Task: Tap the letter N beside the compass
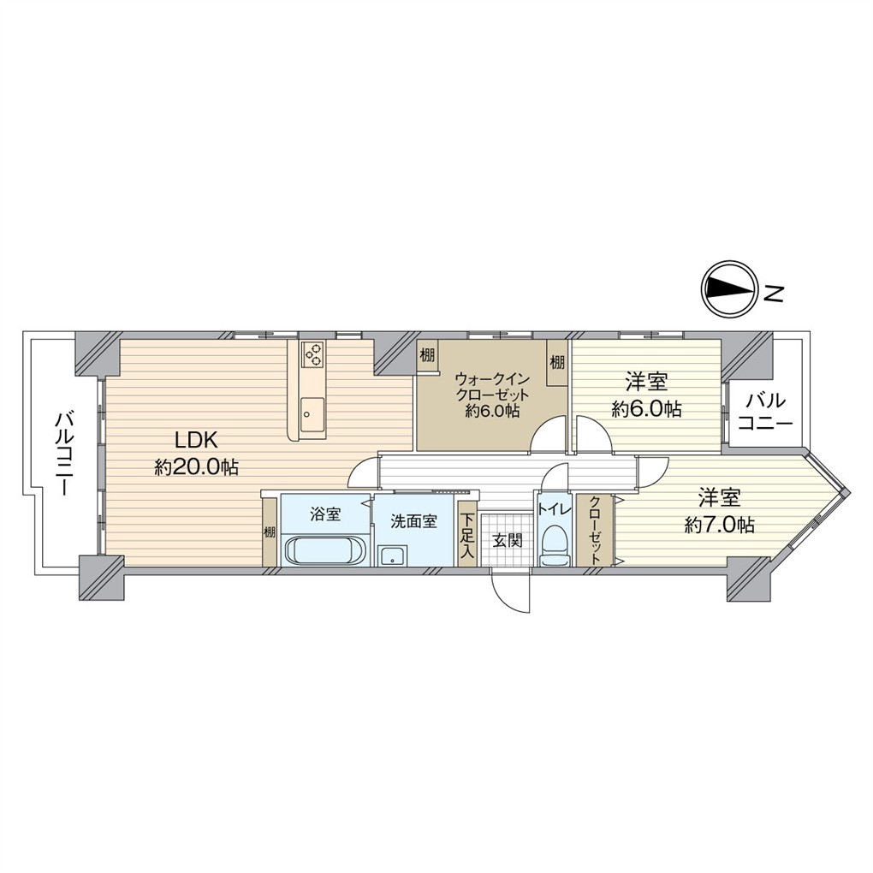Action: pos(774,293)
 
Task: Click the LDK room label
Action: pos(195,442)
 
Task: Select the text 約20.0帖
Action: pos(196,467)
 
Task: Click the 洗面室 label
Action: pos(413,522)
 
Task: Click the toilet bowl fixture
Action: pos(555,548)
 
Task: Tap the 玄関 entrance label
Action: pos(508,539)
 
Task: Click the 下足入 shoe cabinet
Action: pos(467,534)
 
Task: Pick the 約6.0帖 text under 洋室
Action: pos(646,410)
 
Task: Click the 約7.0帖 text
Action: pos(719,525)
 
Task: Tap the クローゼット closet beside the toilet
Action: pos(595,531)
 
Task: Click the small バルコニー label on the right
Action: pos(764,411)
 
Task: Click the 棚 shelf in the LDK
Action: pos(270,532)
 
